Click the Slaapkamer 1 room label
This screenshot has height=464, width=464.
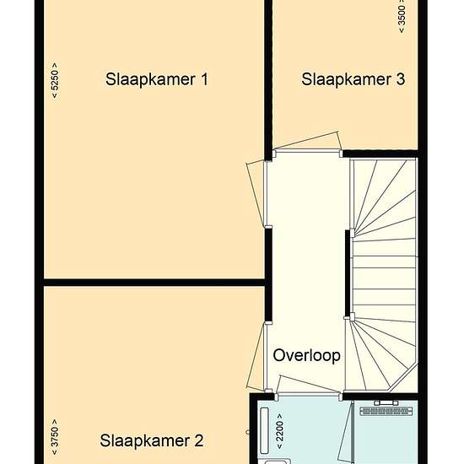157,79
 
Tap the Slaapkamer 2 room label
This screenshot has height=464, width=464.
152,440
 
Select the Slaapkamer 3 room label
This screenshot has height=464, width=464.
353,79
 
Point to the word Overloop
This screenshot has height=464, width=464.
306,355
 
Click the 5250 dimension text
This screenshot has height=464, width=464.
55,80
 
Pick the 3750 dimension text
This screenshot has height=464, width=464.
55,437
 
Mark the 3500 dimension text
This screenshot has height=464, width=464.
402,15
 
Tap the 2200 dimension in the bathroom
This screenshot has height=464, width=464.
279,431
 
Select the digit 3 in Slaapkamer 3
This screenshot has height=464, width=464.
401,79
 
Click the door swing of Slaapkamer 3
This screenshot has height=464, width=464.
308,140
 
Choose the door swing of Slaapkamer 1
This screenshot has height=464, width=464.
255,193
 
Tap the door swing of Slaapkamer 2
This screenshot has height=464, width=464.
255,356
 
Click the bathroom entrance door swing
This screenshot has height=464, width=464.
309,385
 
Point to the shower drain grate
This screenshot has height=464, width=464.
386,411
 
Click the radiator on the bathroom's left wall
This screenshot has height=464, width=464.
265,430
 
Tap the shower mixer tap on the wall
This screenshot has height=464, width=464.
386,402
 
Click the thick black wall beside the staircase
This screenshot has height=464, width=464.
348,273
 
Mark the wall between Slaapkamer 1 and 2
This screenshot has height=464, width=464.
154,282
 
